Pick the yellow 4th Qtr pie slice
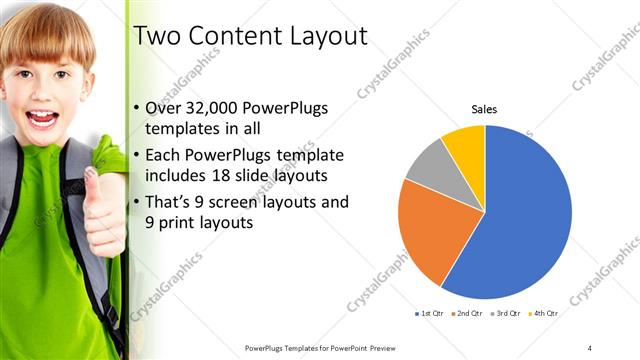click(x=465, y=143)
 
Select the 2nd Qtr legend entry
click(x=469, y=314)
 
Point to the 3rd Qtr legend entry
click(x=506, y=314)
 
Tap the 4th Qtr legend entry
click(x=544, y=314)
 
